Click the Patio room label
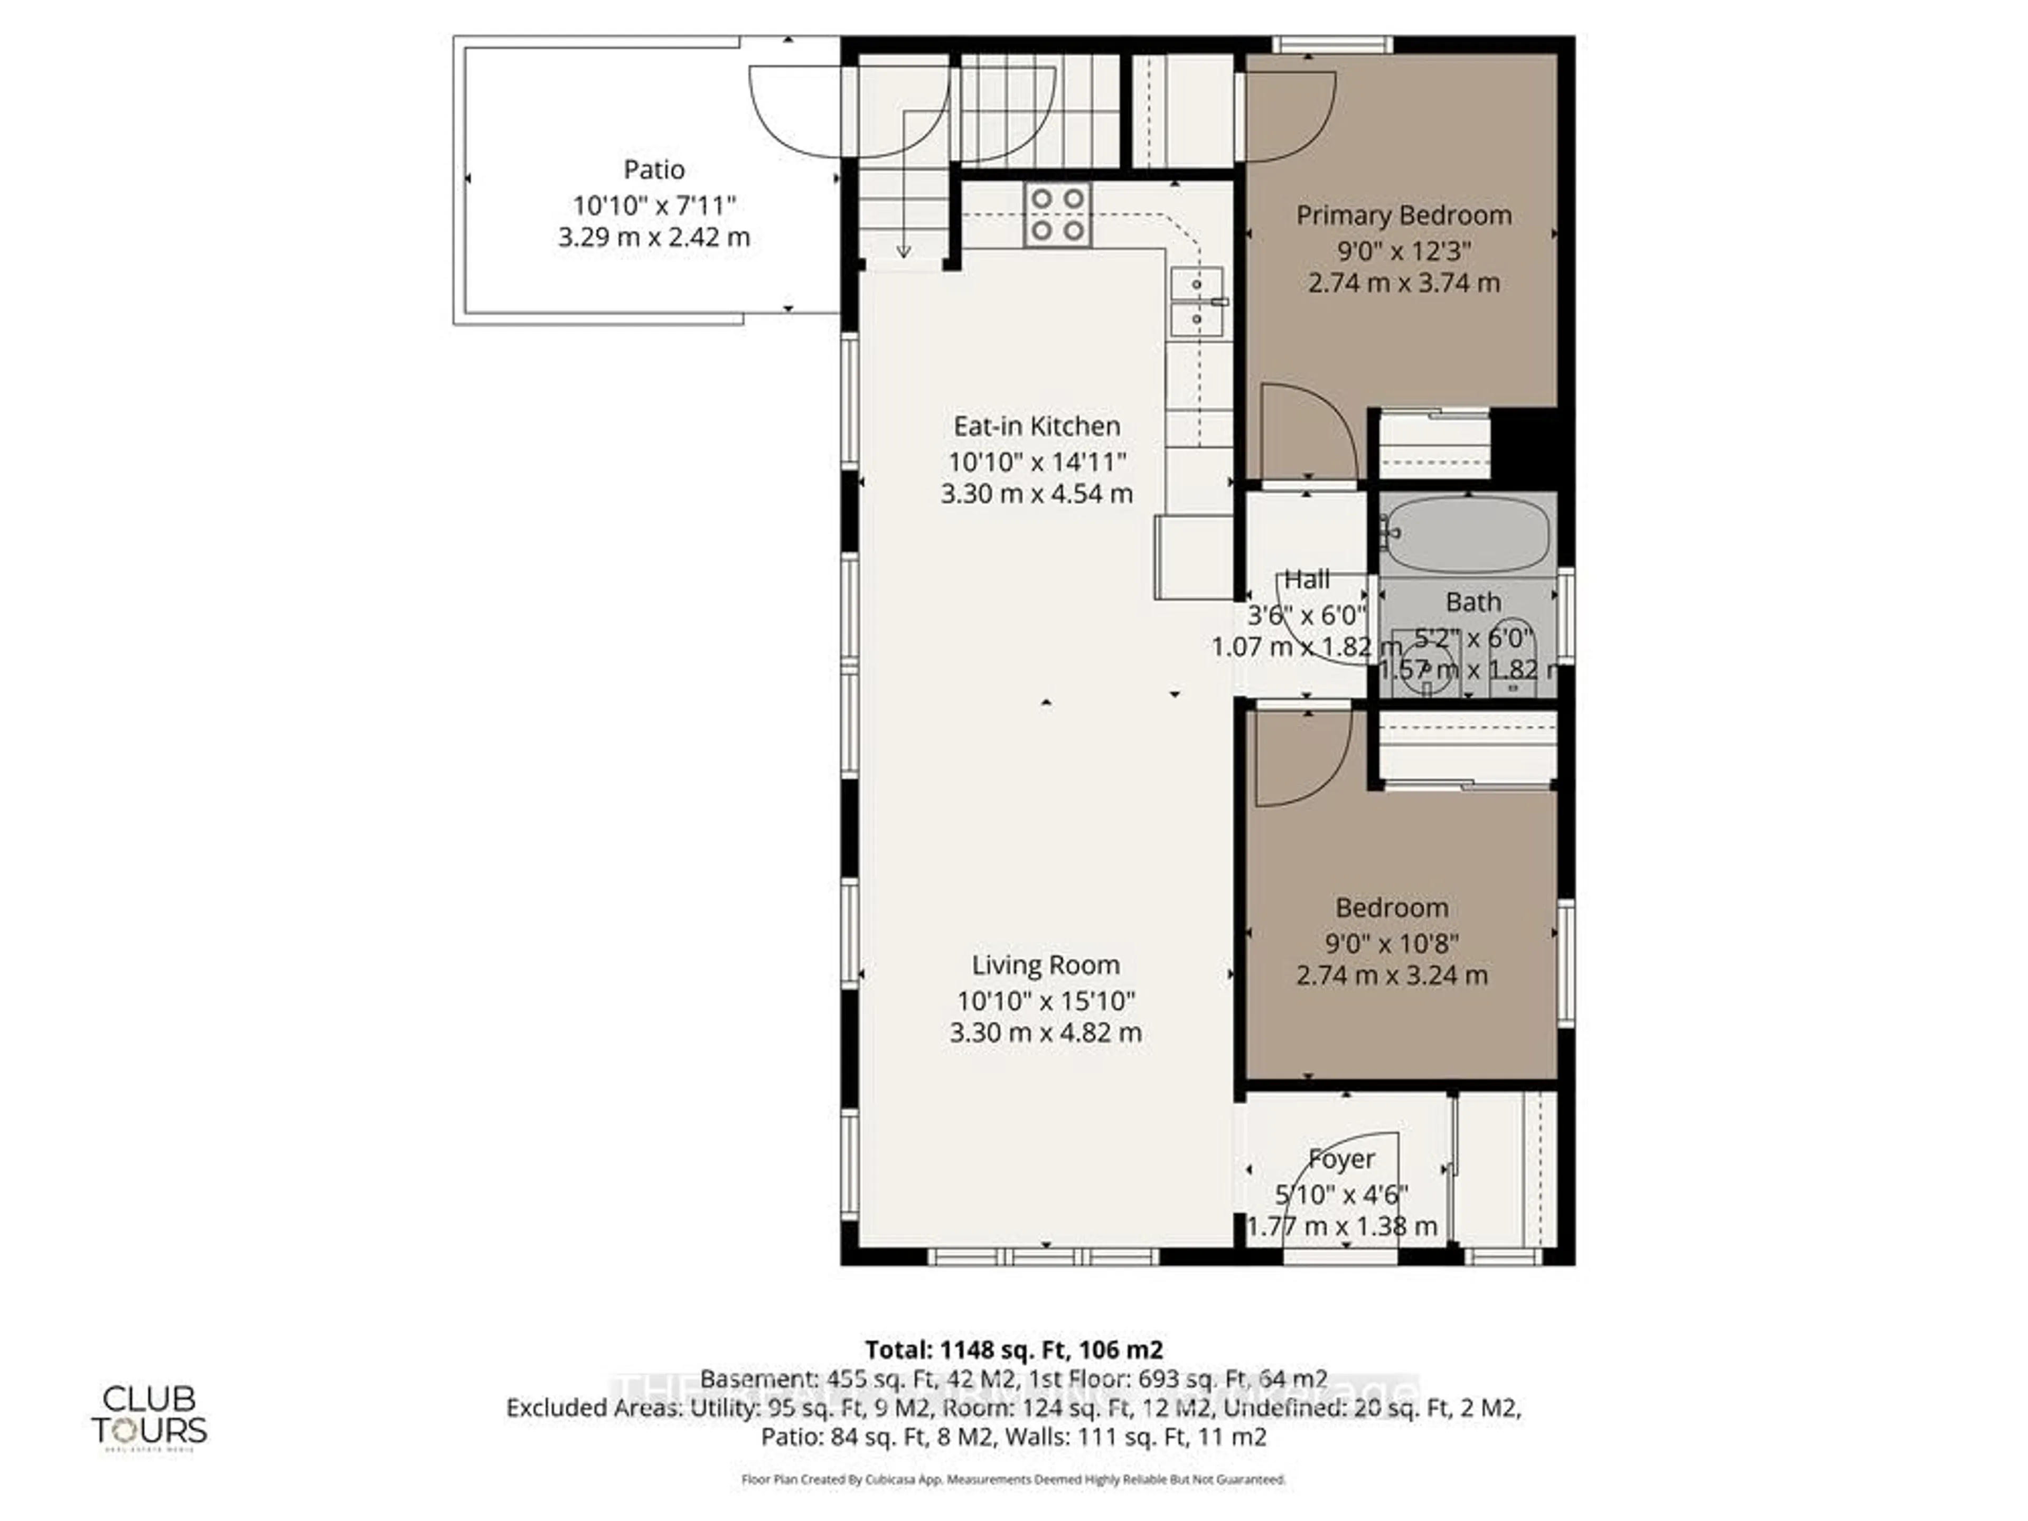[654, 170]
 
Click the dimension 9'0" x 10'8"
[1391, 942]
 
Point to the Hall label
[1307, 579]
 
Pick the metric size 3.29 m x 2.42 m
[654, 238]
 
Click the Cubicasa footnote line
[1013, 1479]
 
